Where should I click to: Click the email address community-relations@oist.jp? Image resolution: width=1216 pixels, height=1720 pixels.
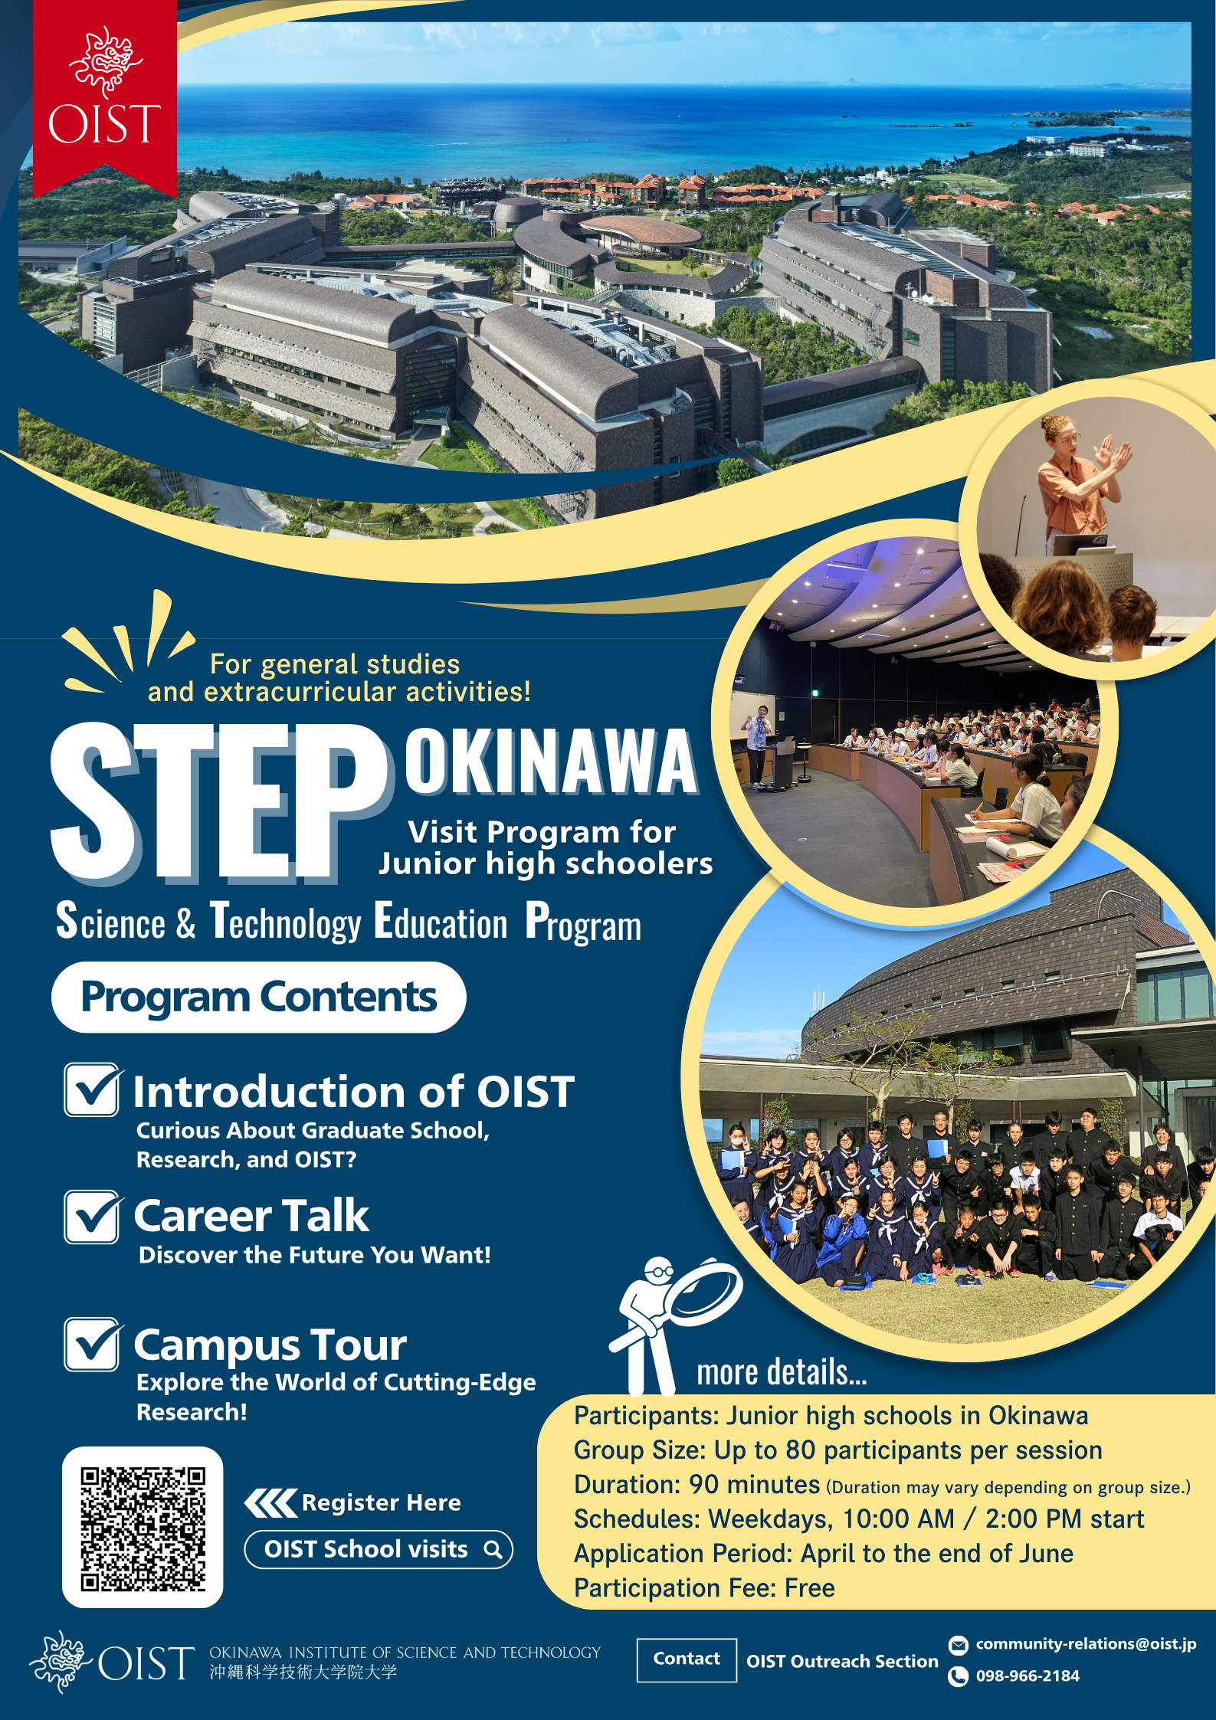(1086, 1643)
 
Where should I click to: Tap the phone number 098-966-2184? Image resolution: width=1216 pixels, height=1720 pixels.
(1028, 1676)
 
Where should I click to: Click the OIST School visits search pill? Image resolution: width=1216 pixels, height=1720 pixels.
(379, 1549)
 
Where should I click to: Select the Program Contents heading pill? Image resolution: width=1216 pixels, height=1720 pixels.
(259, 997)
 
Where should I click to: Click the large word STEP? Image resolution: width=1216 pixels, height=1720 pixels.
(218, 801)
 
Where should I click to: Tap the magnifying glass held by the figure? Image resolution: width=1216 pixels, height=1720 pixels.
(703, 1292)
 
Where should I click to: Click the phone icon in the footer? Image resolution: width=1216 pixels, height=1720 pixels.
(958, 1676)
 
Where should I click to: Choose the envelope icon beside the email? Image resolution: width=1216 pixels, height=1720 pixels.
(958, 1644)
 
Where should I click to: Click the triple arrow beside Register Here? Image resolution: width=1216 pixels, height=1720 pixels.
(270, 1503)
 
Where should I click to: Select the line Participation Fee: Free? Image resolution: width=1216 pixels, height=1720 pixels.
(704, 1588)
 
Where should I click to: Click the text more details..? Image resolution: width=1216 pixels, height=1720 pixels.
(782, 1372)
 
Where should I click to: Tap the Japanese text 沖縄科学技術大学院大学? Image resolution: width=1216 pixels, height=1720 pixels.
(303, 1672)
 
